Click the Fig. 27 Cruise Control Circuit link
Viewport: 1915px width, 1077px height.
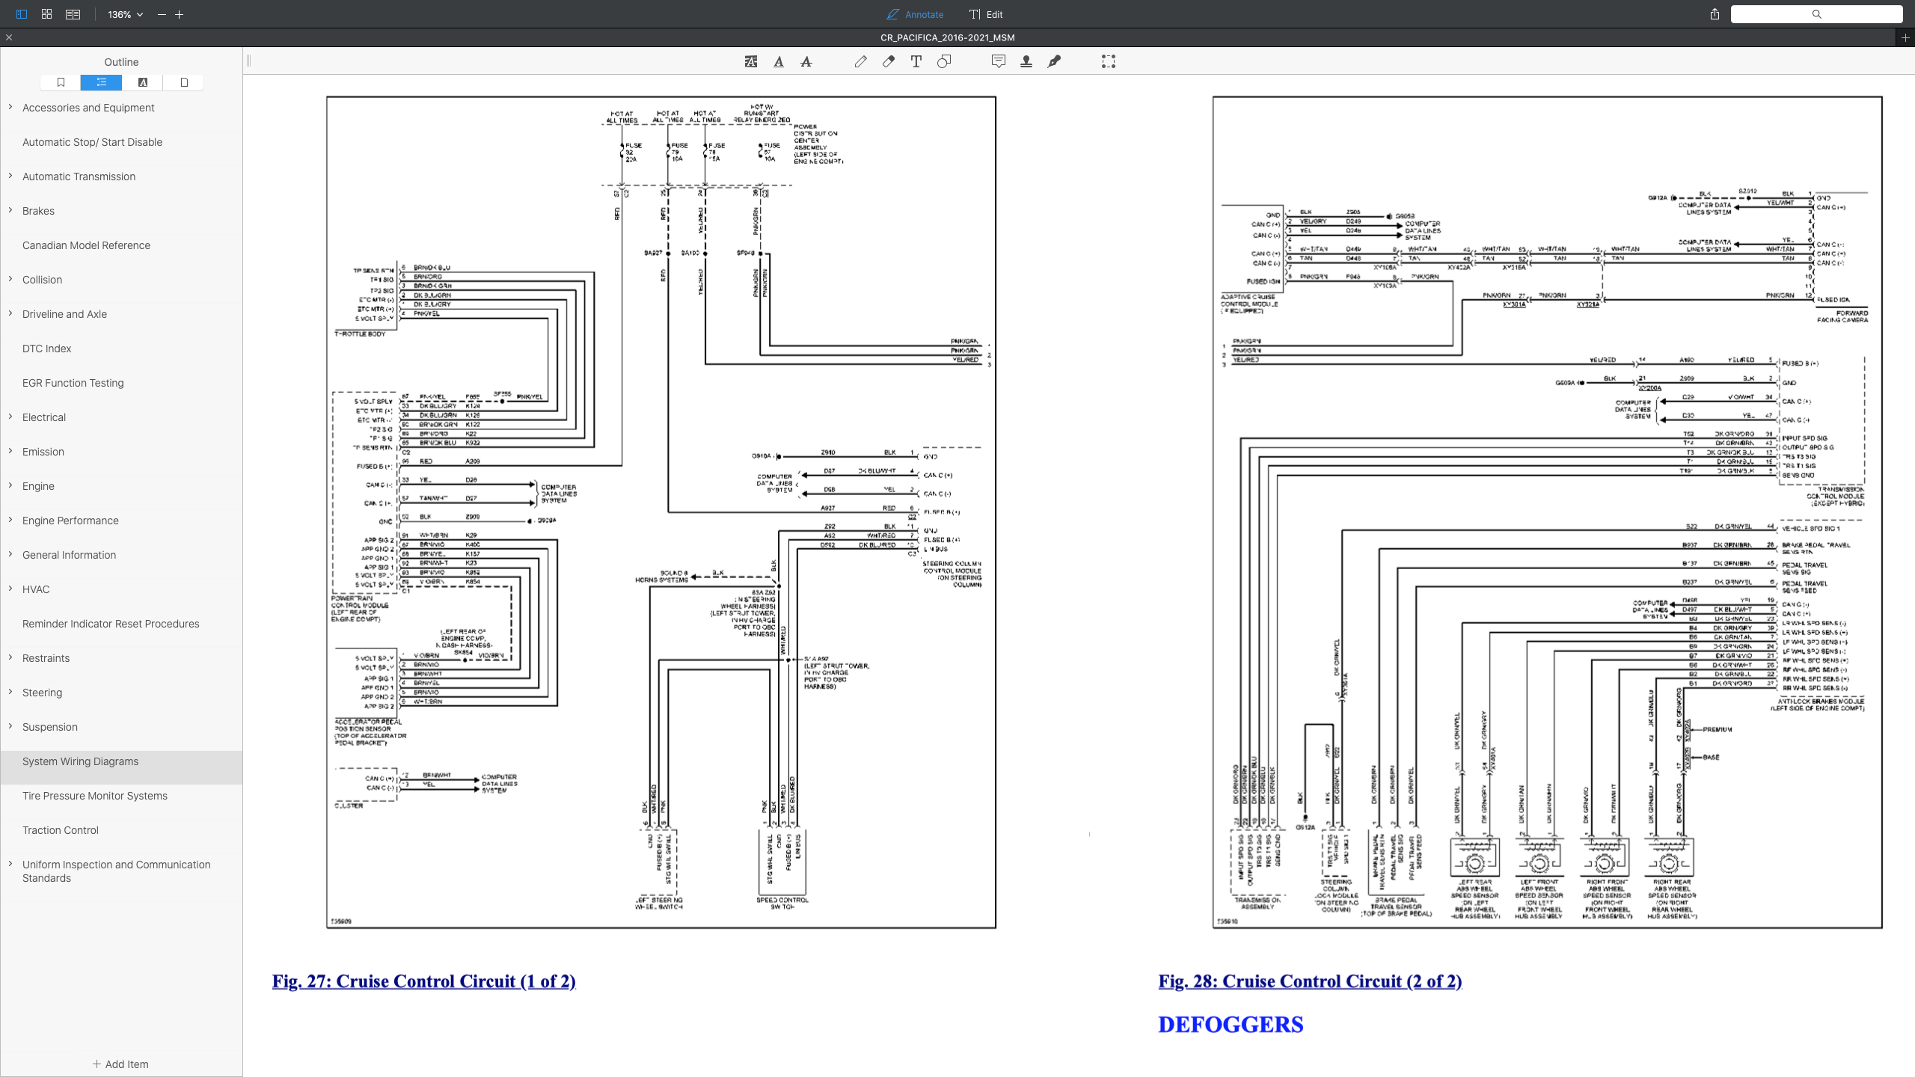423,981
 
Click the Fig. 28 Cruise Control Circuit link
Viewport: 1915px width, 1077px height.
1310,981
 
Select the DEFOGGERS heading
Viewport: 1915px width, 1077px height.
1231,1025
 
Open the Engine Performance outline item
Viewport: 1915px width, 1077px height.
70,521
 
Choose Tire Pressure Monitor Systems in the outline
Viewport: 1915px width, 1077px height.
95,796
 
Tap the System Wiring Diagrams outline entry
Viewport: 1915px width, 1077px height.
80,761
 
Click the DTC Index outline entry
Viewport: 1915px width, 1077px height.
46,349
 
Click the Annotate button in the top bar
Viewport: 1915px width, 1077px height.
915,14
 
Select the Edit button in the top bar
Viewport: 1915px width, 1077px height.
986,14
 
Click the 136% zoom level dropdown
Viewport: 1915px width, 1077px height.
125,14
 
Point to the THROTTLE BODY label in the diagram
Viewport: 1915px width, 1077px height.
360,334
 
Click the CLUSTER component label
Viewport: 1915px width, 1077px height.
349,806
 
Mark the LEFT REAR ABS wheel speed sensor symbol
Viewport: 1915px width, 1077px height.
1474,859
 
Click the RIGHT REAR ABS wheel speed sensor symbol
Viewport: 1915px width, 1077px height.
1668,859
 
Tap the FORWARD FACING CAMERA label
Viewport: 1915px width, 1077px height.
1842,316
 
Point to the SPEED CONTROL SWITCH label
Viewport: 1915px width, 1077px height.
782,903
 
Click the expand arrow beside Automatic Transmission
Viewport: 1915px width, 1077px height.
10,176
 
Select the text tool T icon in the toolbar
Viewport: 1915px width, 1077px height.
916,62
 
